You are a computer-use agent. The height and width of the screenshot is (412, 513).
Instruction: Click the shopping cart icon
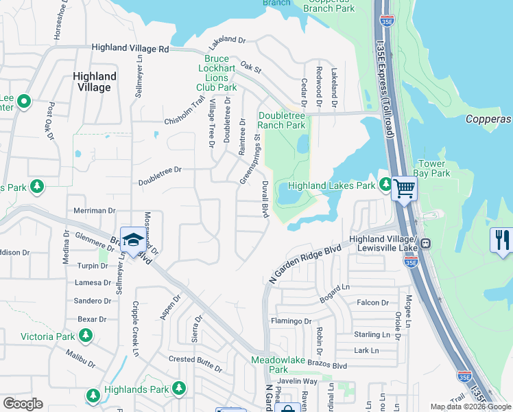(405, 187)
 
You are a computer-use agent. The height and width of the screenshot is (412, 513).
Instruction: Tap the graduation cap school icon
(132, 240)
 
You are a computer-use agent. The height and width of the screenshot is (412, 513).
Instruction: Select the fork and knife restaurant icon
(502, 240)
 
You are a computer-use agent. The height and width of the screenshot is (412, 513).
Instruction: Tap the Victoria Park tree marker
(86, 336)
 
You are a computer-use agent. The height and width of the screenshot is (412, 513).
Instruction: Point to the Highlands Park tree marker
(178, 389)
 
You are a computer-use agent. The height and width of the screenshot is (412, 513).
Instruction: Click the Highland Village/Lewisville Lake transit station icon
(425, 243)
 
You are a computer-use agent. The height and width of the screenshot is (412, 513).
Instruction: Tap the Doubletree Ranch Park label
(281, 121)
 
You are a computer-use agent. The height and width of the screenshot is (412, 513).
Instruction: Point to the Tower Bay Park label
(434, 169)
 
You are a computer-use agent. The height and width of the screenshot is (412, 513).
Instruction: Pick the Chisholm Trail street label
(185, 112)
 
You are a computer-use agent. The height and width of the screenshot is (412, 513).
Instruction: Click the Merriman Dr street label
(94, 211)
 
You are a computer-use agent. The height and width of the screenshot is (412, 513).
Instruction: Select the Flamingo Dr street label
(291, 321)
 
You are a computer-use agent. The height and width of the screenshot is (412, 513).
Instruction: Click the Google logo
(23, 404)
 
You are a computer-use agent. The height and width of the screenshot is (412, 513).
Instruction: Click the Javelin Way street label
(298, 382)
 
